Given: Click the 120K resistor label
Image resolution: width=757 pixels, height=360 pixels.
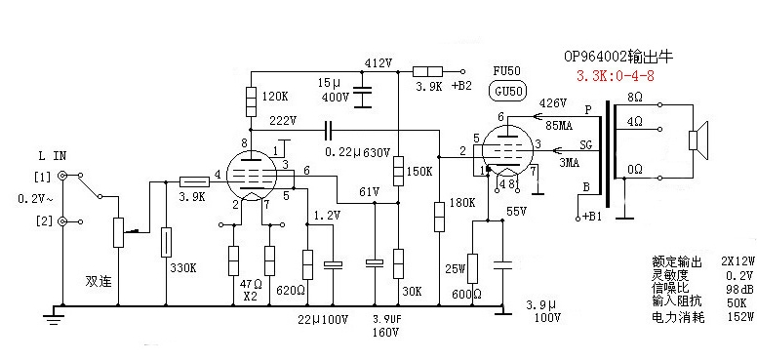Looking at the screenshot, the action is (x=274, y=97).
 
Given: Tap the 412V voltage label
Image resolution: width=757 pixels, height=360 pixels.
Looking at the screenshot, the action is (x=378, y=62).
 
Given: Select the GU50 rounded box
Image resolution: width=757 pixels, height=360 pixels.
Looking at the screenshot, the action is (x=507, y=91).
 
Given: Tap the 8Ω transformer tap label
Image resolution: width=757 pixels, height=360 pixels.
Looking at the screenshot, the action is (x=635, y=98).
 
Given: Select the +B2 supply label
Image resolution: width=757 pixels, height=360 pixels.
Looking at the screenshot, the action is (x=461, y=86).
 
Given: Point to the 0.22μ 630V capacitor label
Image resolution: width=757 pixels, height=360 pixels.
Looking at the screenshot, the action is (x=357, y=152).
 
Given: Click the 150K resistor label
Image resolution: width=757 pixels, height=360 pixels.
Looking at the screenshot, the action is (x=420, y=172).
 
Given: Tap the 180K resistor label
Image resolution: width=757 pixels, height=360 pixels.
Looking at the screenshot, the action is (x=462, y=202).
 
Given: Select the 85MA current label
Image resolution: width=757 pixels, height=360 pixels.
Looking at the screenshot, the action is (x=559, y=127).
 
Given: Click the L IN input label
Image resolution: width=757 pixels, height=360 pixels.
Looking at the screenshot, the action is (x=53, y=156).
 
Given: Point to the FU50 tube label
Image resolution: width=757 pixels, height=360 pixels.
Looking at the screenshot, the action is (x=506, y=70).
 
